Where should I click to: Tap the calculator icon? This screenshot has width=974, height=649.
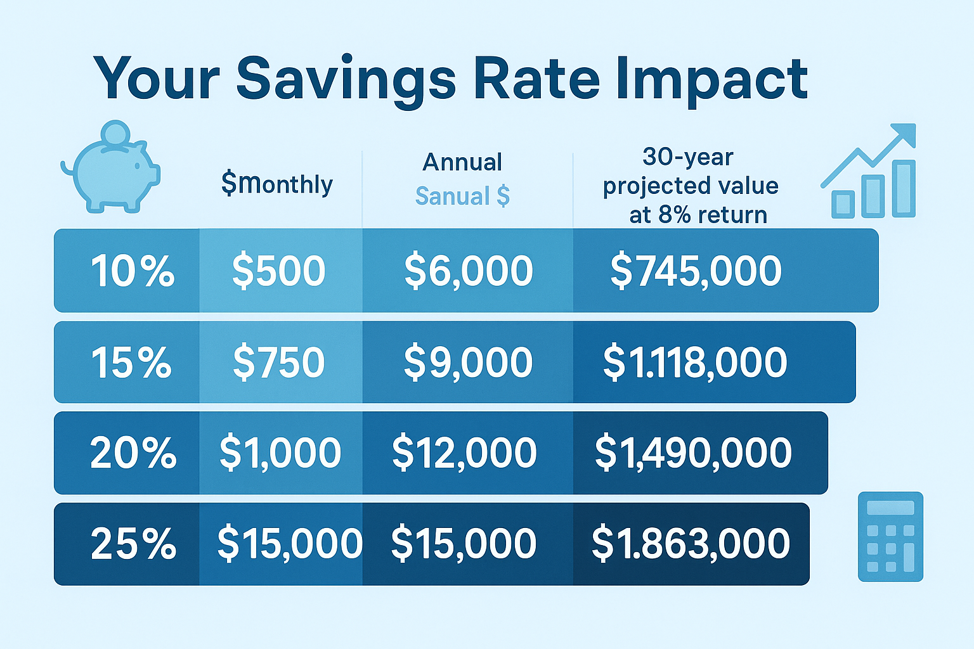point(890,536)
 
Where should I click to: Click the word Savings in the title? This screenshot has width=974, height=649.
point(346,79)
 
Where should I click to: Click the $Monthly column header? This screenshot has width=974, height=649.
point(277,184)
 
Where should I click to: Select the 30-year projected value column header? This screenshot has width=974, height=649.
point(690,185)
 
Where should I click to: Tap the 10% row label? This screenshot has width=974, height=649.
point(132,271)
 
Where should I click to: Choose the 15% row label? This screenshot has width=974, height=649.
point(131,363)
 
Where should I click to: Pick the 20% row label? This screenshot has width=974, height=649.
point(133,453)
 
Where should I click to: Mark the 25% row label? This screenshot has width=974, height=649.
point(133,544)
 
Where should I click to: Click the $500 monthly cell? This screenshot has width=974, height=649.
point(278,271)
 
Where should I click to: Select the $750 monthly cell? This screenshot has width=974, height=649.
point(278,363)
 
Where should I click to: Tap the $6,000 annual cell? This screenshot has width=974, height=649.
point(469,271)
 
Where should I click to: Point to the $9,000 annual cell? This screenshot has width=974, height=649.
point(468,363)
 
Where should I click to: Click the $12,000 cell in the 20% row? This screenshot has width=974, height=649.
point(464,453)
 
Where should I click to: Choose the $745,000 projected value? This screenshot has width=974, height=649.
point(696,271)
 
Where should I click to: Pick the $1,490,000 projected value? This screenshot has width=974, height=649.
point(693,453)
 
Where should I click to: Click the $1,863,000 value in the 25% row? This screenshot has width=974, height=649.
point(691,544)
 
